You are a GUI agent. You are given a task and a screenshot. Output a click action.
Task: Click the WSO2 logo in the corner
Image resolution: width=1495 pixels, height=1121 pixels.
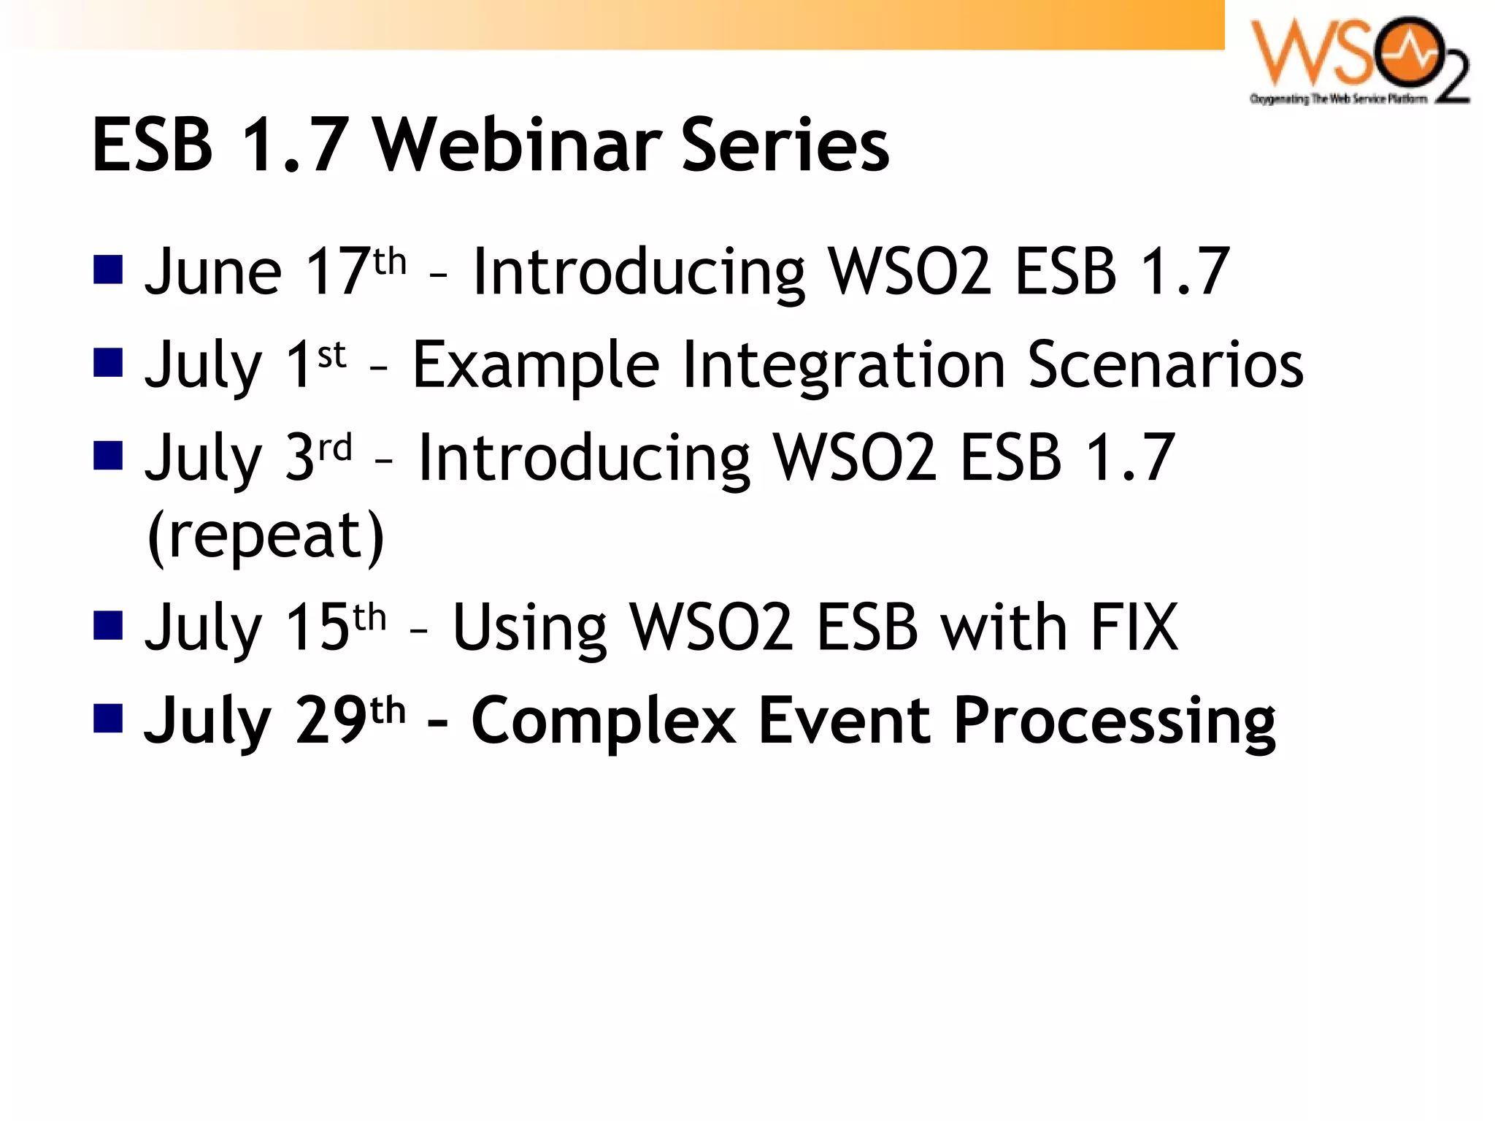(x=1359, y=60)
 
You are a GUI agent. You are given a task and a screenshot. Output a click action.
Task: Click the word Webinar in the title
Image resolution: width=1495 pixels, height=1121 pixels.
(x=518, y=145)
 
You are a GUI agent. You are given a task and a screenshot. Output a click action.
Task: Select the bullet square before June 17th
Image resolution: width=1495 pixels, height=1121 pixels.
(x=108, y=269)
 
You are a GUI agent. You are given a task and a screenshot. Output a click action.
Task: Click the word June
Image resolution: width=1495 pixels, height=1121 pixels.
(x=213, y=272)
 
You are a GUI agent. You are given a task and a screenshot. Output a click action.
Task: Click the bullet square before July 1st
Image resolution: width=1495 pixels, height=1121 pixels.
(x=108, y=362)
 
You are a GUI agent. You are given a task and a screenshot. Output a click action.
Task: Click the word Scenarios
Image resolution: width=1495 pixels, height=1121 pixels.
(x=1165, y=364)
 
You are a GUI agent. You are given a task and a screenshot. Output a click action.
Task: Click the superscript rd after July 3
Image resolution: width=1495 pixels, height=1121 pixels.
(x=336, y=447)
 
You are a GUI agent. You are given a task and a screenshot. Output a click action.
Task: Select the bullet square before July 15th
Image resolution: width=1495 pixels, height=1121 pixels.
(x=108, y=625)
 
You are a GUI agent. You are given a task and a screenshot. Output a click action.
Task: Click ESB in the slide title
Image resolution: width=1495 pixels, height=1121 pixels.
(x=153, y=145)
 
